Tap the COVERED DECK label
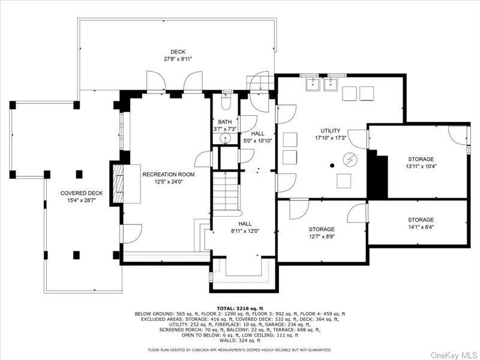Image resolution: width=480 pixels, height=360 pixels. [82, 193]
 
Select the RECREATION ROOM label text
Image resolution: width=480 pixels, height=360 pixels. [169, 174]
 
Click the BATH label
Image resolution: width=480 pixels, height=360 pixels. [225, 122]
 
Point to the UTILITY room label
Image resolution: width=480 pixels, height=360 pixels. [330, 131]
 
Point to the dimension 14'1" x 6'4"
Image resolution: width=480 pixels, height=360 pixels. [421, 227]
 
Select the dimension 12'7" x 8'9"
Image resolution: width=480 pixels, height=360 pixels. [322, 237]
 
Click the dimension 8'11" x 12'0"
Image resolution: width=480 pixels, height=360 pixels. [244, 231]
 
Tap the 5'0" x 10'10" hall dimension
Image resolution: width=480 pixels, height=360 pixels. [257, 141]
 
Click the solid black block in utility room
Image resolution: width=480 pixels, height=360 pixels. [378, 175]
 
